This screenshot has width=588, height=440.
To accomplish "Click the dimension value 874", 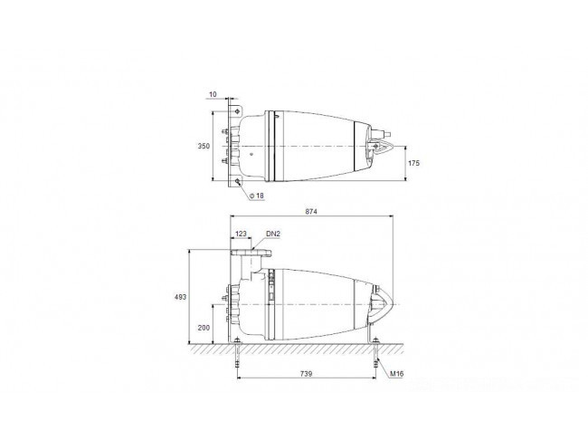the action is click(311, 211).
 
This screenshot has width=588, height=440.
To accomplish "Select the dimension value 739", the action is click(306, 374).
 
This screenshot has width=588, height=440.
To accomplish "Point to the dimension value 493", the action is click(180, 297).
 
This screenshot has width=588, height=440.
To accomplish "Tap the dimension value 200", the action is click(204, 328).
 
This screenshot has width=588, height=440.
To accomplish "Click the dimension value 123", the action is click(241, 234).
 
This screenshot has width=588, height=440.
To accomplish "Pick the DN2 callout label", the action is click(273, 234).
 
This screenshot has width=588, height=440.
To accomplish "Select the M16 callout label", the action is click(397, 374).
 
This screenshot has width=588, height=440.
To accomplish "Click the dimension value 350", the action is click(204, 146).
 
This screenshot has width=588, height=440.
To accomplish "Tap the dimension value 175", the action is click(413, 163).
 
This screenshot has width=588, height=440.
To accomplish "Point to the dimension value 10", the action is click(213, 94).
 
